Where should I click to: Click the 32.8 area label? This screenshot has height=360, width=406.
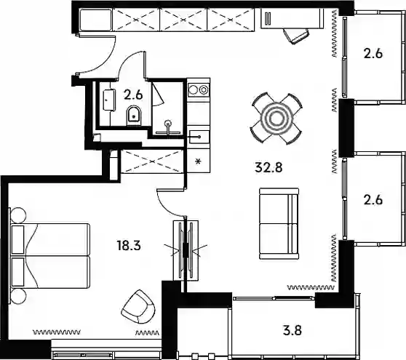268,167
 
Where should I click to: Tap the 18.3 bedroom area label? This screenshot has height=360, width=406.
129,245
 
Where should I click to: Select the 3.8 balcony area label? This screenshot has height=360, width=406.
292,330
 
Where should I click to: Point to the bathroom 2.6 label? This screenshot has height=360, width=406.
133,95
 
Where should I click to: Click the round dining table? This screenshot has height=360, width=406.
276,119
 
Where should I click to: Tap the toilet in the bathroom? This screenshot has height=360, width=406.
134,116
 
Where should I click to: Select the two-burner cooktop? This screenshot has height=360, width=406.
199,89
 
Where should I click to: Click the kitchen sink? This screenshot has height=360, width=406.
199,137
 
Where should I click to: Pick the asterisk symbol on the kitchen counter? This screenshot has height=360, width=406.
199,162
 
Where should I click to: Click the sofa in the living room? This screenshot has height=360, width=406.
279,223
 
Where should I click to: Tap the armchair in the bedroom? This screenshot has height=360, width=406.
138,306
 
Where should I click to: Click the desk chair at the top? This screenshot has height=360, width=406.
296,36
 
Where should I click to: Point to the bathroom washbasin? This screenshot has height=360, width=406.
109,100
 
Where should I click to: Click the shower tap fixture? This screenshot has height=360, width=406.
169,127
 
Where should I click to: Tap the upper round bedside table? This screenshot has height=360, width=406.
18,215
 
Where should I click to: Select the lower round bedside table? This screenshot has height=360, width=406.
18,296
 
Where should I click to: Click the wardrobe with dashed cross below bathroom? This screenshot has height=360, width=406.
152,161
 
